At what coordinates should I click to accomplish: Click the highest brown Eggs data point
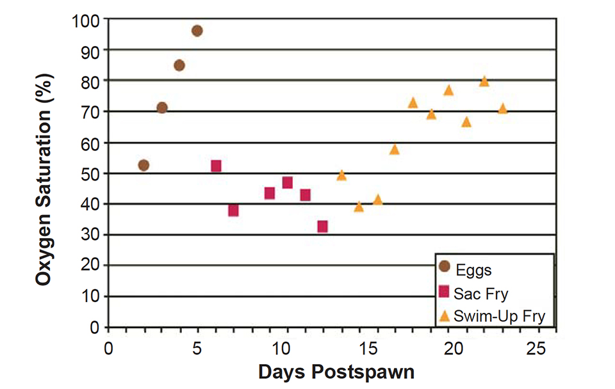coord(197,31)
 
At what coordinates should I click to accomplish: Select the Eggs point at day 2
coord(143,165)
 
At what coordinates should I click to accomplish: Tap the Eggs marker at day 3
coord(162,107)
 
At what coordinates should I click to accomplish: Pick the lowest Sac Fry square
coord(322,226)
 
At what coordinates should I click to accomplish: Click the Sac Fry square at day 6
coord(216,166)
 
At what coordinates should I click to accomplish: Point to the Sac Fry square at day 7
coord(233,210)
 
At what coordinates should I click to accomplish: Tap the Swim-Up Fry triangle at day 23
coord(503,109)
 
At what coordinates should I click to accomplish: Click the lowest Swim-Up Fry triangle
coord(359,207)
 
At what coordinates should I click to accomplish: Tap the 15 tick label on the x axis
coord(366,350)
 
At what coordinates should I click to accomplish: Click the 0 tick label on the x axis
coord(108,350)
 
